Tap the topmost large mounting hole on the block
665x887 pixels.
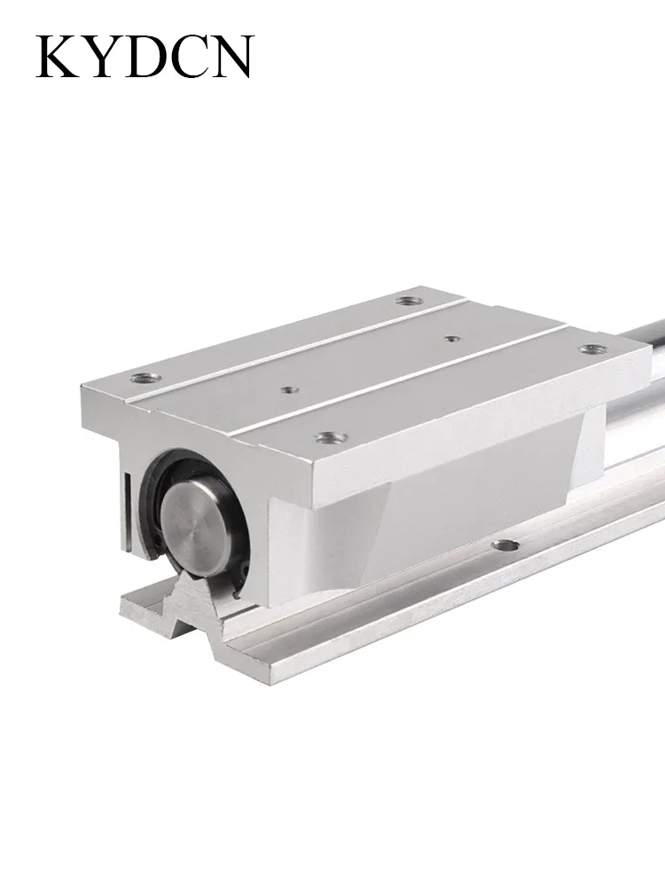(x=406, y=301)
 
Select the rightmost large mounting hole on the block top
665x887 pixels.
(x=593, y=349)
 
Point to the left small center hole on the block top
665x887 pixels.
(x=290, y=389)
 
